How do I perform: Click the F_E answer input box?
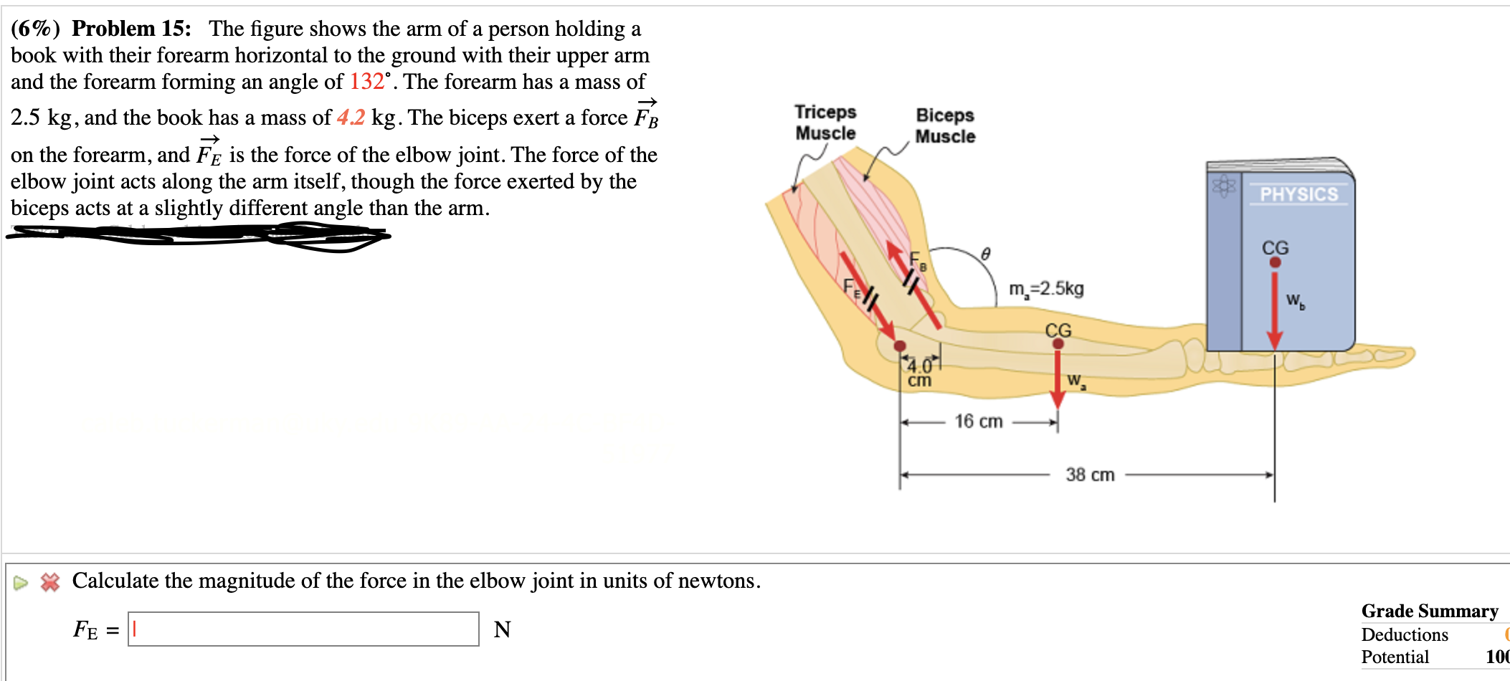[303, 629]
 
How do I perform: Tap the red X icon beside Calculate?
[50, 582]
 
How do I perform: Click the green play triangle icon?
[20, 583]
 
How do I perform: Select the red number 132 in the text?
[366, 82]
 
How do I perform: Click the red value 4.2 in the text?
[351, 117]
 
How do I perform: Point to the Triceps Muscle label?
[825, 123]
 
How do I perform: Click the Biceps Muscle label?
[945, 125]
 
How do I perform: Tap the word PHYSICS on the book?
[1298, 194]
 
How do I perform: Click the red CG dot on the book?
[1275, 262]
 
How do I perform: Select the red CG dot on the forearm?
[1058, 343]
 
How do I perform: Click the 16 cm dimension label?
[978, 422]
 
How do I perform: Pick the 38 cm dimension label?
[1089, 475]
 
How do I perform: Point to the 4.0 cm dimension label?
[920, 373]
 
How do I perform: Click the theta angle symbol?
[986, 254]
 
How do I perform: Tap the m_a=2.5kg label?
[1046, 289]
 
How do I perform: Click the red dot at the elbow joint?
[900, 346]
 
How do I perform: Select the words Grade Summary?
[1429, 611]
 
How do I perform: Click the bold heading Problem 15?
[131, 28]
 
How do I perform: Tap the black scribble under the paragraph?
[201, 235]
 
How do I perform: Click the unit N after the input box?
[502, 629]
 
